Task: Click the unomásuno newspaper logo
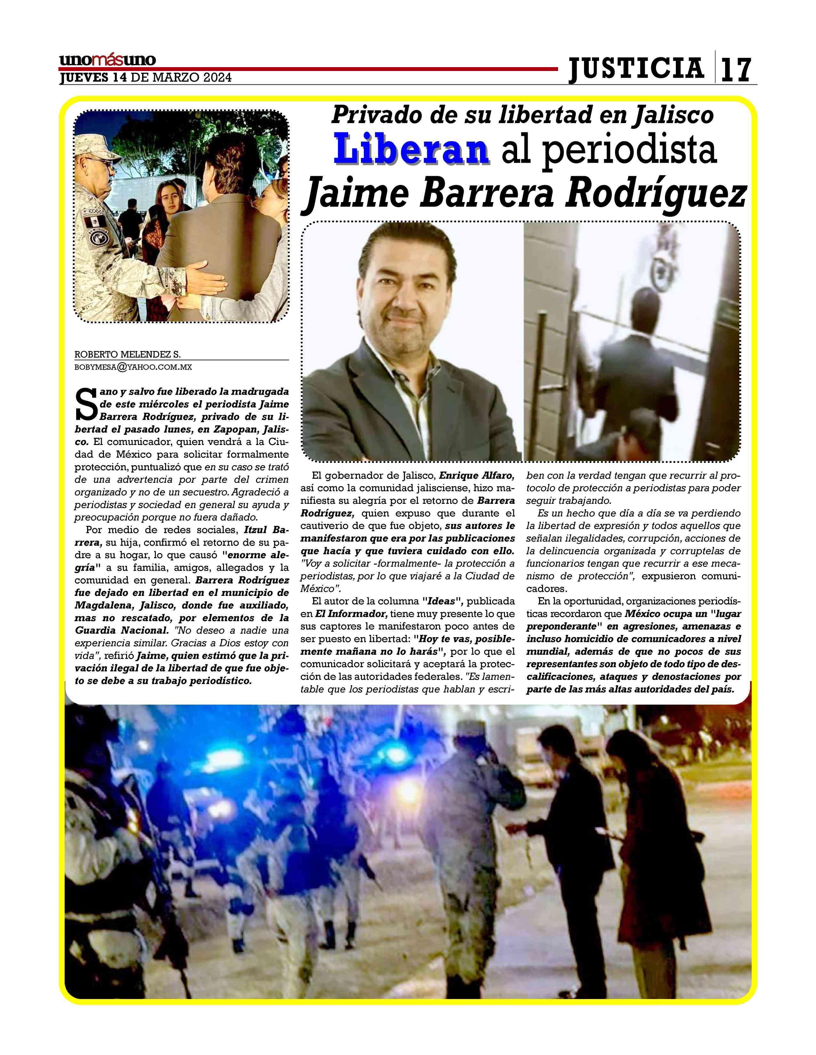pyautogui.click(x=107, y=60)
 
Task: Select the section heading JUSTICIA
pyautogui.click(x=636, y=68)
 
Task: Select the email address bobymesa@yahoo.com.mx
pyautogui.click(x=133, y=367)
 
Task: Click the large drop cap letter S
pyautogui.click(x=87, y=404)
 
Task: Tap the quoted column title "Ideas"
pyautogui.click(x=443, y=601)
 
